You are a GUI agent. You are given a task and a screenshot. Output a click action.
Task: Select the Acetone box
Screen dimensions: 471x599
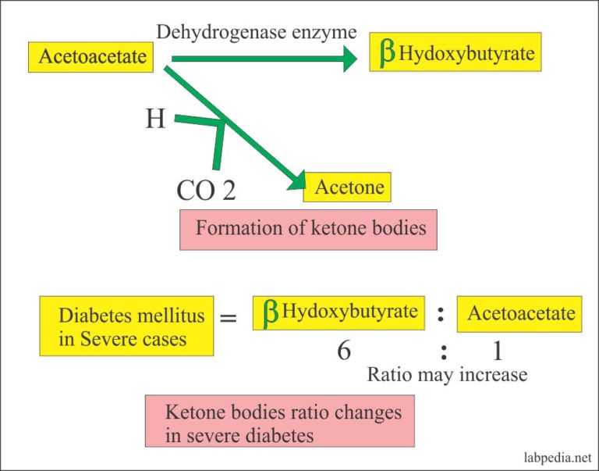click(348, 187)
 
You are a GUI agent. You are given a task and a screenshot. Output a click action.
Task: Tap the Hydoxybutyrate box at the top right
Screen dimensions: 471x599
click(455, 54)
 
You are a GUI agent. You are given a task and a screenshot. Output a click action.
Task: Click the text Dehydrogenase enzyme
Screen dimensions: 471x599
click(257, 32)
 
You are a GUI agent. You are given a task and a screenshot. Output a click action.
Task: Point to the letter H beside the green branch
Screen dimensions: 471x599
click(155, 119)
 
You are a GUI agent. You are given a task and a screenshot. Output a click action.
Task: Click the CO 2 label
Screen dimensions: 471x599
click(206, 190)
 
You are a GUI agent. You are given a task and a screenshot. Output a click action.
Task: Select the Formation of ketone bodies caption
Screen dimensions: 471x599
click(308, 229)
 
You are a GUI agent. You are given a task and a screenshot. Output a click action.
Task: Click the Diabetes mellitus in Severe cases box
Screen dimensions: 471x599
click(126, 328)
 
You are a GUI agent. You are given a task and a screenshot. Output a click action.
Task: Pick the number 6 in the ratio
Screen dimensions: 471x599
click(343, 351)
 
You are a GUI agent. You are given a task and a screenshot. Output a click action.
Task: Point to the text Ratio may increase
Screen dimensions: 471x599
click(447, 375)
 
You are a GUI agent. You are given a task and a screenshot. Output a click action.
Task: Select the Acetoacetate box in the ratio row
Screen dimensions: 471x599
click(519, 314)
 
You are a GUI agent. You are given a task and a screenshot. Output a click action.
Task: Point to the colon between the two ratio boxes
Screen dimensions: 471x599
click(441, 314)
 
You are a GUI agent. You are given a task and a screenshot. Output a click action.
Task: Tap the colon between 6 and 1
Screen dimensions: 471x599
click(443, 351)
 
